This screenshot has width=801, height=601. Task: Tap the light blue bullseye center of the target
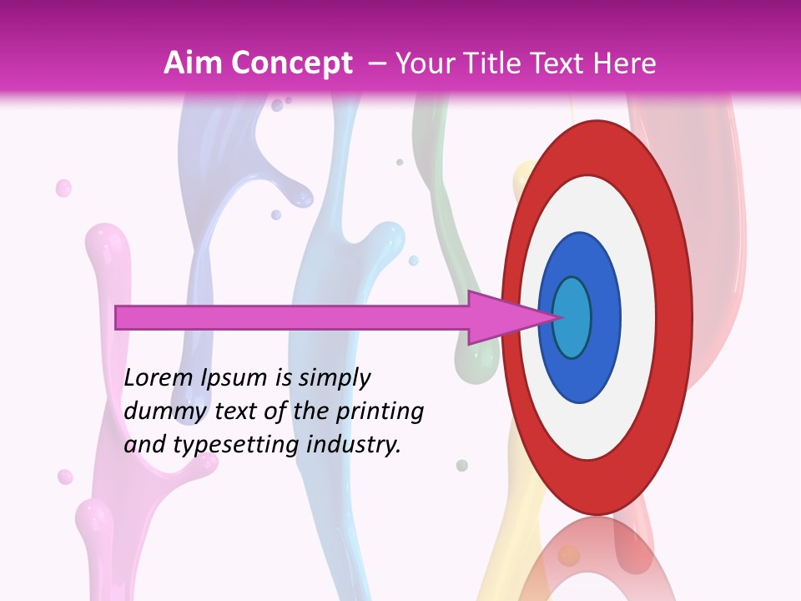click(x=572, y=317)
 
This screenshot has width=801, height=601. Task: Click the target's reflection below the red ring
click(x=597, y=559)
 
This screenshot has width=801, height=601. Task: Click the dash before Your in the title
click(x=376, y=63)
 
